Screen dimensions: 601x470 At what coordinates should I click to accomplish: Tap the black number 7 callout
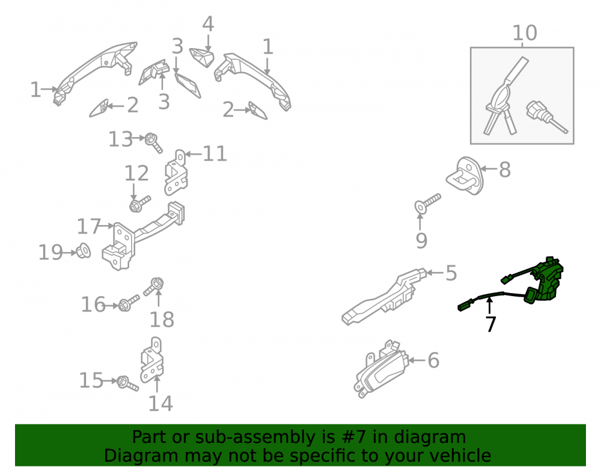490,324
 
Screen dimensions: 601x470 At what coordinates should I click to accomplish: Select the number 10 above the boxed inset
524,33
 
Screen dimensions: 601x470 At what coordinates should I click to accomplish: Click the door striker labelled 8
465,176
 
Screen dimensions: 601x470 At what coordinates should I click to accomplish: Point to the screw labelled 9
427,203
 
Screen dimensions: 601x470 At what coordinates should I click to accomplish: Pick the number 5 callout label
451,273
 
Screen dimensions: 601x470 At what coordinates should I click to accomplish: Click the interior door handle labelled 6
379,370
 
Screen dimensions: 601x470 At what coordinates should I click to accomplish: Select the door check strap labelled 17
142,237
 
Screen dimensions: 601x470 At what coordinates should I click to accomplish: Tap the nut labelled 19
83,251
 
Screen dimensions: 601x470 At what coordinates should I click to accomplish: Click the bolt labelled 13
153,143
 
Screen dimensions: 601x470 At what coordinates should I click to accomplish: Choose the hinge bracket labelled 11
175,173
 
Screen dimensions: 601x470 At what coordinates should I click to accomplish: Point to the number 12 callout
136,173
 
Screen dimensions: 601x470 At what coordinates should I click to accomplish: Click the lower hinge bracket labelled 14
152,360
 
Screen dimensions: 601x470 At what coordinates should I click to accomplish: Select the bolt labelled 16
129,303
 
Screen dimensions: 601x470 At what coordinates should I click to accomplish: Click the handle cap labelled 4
202,57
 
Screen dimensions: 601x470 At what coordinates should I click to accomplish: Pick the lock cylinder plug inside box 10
546,116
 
